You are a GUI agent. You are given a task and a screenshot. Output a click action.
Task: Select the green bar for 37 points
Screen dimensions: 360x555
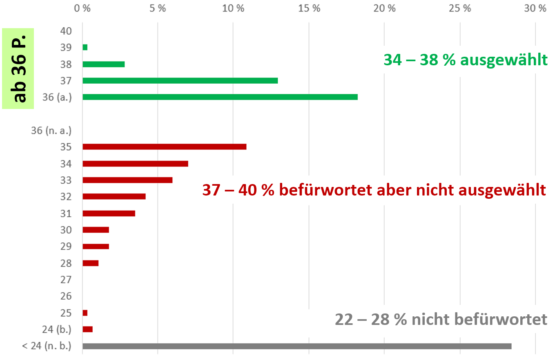[x=180, y=80]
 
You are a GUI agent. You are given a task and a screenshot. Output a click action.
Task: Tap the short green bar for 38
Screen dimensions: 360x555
[x=103, y=64]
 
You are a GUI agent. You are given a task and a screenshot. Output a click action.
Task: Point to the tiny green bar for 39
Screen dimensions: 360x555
[x=85, y=47]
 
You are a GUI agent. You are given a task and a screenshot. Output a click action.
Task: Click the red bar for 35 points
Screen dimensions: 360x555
[x=164, y=147]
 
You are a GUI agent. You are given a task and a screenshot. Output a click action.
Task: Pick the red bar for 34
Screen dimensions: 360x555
[x=135, y=164]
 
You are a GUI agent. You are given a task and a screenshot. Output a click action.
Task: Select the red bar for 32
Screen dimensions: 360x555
[x=114, y=196]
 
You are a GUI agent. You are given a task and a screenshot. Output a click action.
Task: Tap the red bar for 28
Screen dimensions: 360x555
[x=90, y=263]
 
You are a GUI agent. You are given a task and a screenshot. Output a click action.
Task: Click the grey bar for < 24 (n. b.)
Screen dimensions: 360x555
[x=296, y=346]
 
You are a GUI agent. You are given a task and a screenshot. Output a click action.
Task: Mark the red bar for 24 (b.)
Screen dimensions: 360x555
[x=87, y=329]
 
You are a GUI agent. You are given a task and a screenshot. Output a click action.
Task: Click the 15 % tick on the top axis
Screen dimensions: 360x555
[x=309, y=9]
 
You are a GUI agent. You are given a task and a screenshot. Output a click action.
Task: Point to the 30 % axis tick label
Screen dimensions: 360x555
[x=535, y=9]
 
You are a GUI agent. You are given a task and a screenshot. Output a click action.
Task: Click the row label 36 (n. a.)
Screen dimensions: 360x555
[x=51, y=131]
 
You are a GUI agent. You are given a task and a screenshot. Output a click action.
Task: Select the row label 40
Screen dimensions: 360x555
[x=66, y=31]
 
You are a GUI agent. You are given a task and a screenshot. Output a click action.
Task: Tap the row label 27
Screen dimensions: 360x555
[x=66, y=280]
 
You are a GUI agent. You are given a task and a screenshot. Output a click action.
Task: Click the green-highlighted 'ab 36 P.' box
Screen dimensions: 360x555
[x=18, y=68]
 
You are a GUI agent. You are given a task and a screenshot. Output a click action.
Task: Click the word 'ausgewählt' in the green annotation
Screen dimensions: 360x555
[x=504, y=60]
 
